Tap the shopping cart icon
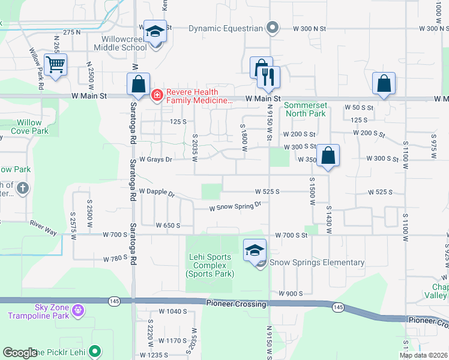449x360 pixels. point(56,64)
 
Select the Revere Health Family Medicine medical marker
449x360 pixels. point(157,95)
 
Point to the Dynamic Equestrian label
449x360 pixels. point(225,28)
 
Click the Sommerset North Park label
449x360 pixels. point(305,109)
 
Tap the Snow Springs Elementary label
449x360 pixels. point(316,262)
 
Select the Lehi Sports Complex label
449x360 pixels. point(208,265)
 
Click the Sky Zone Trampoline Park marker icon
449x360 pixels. point(76,310)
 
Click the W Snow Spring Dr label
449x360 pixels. point(235,206)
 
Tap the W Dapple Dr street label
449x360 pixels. point(156,193)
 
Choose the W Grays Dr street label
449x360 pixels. point(155,160)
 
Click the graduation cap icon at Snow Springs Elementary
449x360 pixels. point(255,250)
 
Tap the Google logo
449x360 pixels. point(20,353)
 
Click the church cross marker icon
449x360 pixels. point(23,188)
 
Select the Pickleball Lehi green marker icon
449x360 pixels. point(94,351)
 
